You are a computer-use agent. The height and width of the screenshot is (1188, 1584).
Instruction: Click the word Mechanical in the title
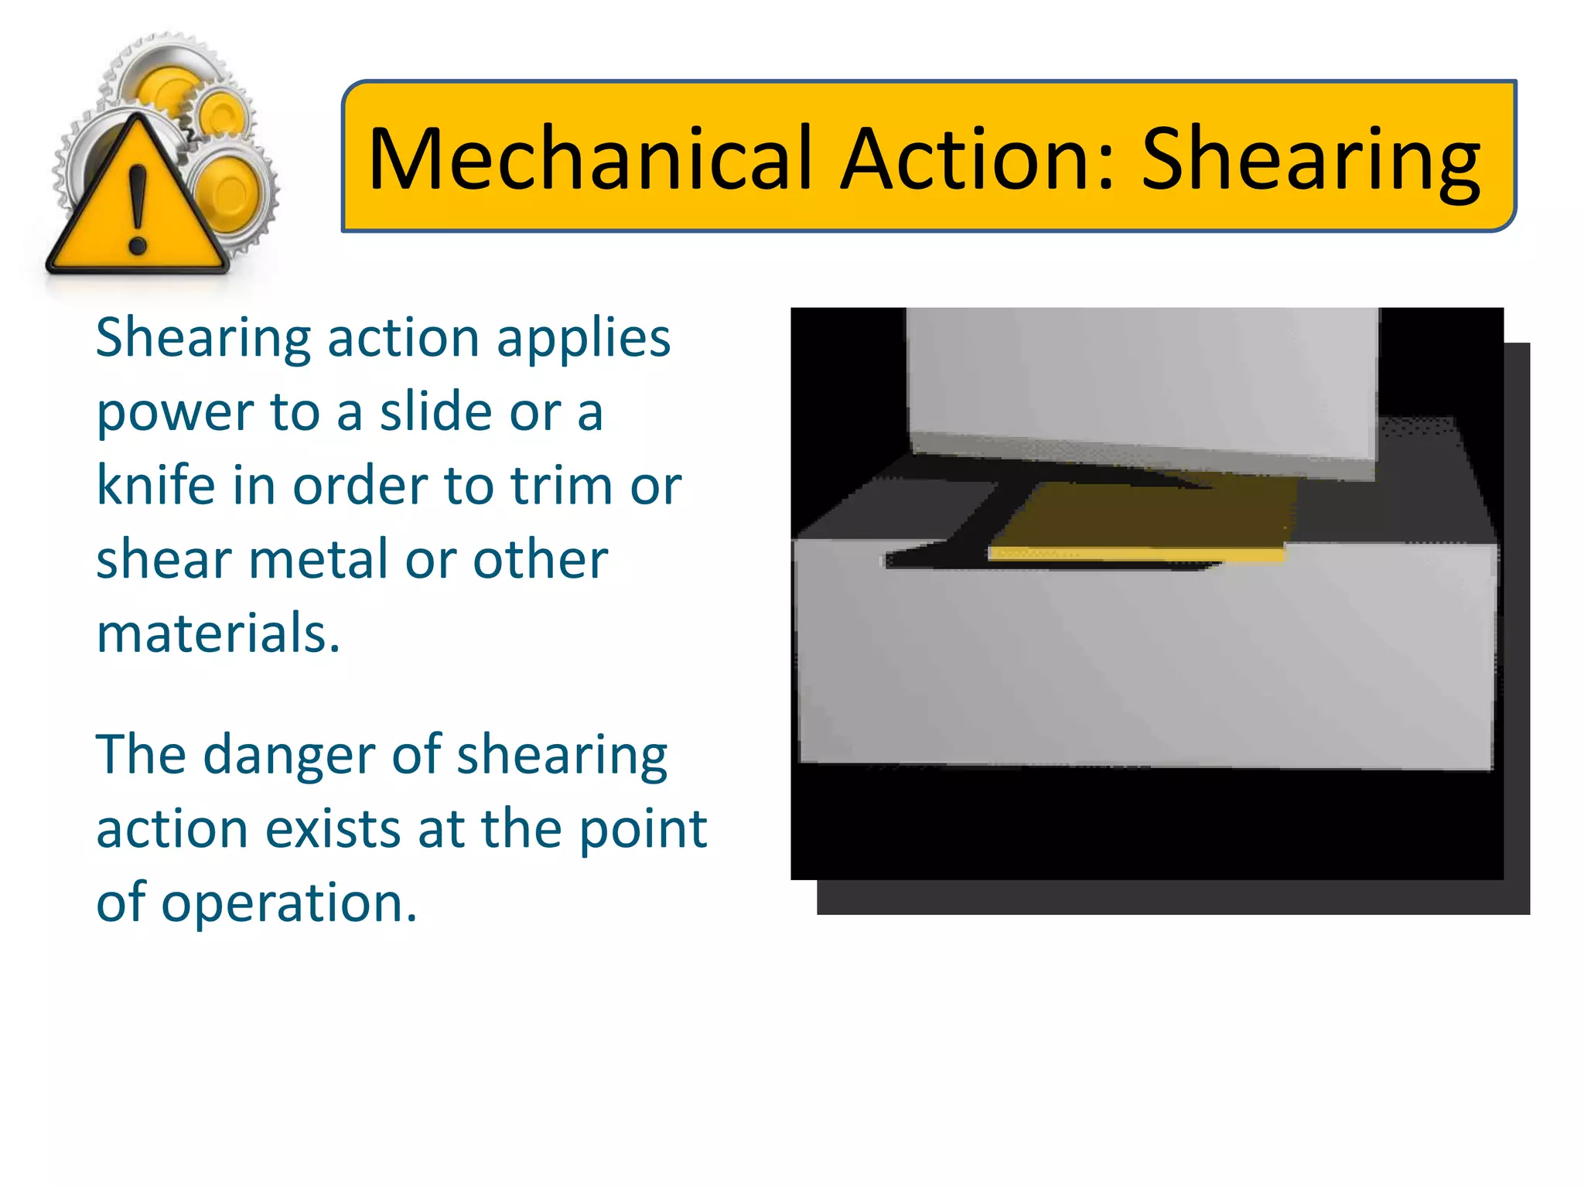coord(591,159)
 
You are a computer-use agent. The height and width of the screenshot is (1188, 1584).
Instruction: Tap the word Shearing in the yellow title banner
coord(1310,160)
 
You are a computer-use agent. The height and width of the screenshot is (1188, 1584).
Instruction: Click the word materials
coord(217,633)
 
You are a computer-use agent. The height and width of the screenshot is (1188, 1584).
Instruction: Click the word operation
coord(288,903)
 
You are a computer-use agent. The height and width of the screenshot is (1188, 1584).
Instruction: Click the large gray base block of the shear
coord(1145,665)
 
